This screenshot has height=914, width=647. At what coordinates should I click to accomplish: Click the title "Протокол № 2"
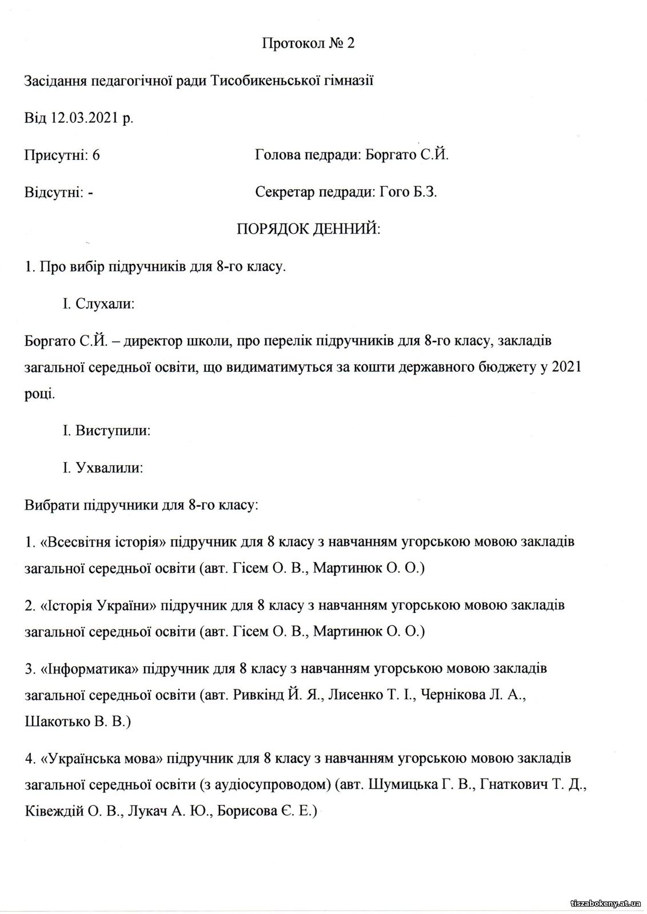(x=308, y=43)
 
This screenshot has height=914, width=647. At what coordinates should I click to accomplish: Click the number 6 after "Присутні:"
(x=96, y=155)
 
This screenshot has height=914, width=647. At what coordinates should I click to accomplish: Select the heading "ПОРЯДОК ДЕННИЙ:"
(x=309, y=229)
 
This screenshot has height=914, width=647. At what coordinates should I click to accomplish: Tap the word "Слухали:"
(x=105, y=304)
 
